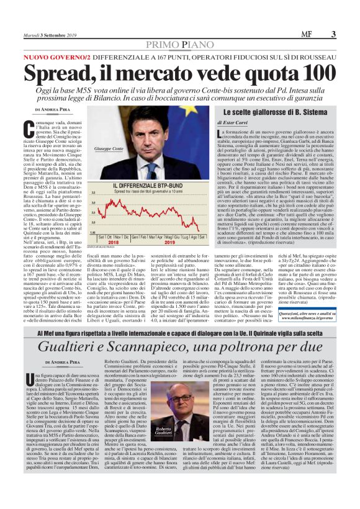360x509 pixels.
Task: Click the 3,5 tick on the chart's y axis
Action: (x=93, y=194)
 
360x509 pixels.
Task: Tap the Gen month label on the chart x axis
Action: (x=136, y=238)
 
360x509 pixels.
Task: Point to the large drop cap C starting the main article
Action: (x=40, y=129)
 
